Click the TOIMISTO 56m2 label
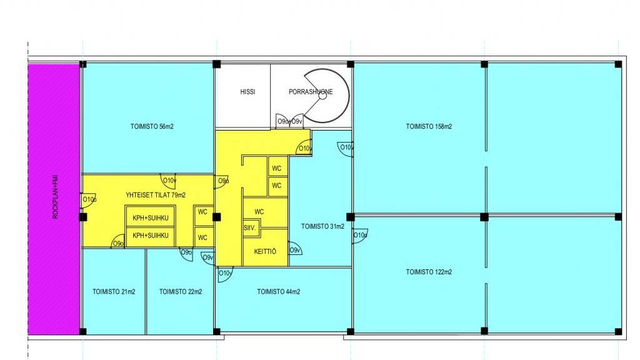(152, 126)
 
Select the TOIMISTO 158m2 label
(429, 126)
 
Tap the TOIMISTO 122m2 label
(429, 272)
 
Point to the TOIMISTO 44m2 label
(278, 291)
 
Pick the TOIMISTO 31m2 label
(322, 226)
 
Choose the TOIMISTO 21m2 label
(114, 291)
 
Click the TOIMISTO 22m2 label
(181, 291)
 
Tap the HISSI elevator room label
(247, 92)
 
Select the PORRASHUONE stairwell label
(311, 92)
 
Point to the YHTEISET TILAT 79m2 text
(156, 195)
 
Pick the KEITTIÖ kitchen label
(265, 251)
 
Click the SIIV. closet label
(250, 228)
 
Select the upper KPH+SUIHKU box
(150, 218)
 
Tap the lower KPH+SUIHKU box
(150, 236)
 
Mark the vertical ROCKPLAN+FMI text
(56, 197)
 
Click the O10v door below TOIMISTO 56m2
(168, 181)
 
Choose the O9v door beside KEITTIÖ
(295, 249)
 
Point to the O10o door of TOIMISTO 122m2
(359, 236)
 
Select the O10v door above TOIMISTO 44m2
(225, 274)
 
